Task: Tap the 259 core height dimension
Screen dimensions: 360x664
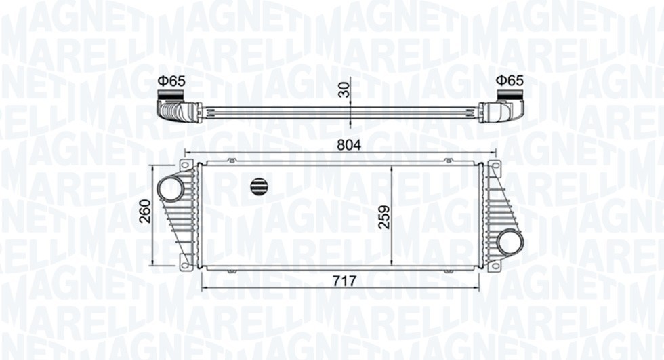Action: (x=384, y=218)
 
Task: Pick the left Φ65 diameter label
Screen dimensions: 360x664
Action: (x=171, y=81)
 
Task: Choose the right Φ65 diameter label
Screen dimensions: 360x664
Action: (x=510, y=81)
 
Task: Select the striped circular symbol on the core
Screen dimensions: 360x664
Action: (x=260, y=184)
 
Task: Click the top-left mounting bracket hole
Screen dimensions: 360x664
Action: (x=184, y=165)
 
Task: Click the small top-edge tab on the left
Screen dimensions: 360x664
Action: (x=231, y=160)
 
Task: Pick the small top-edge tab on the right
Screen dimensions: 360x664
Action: (x=448, y=160)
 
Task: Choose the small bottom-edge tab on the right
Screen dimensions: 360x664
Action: (x=448, y=271)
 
